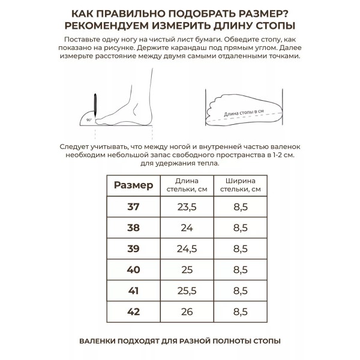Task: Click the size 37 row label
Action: pyautogui.click(x=133, y=208)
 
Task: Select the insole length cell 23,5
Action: pyautogui.click(x=187, y=208)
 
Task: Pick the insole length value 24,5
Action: pyautogui.click(x=187, y=249)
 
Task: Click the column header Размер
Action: pyautogui.click(x=133, y=185)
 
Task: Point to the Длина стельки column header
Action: pyautogui.click(x=187, y=185)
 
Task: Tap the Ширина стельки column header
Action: pyautogui.click(x=240, y=185)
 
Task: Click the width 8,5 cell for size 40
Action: pyautogui.click(x=240, y=271)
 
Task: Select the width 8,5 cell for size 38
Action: pyautogui.click(x=240, y=228)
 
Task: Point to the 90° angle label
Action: pyautogui.click(x=89, y=120)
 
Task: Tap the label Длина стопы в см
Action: pyautogui.click(x=243, y=112)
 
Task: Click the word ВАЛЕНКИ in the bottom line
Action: pyautogui.click(x=99, y=341)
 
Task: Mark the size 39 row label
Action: pyautogui.click(x=133, y=249)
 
